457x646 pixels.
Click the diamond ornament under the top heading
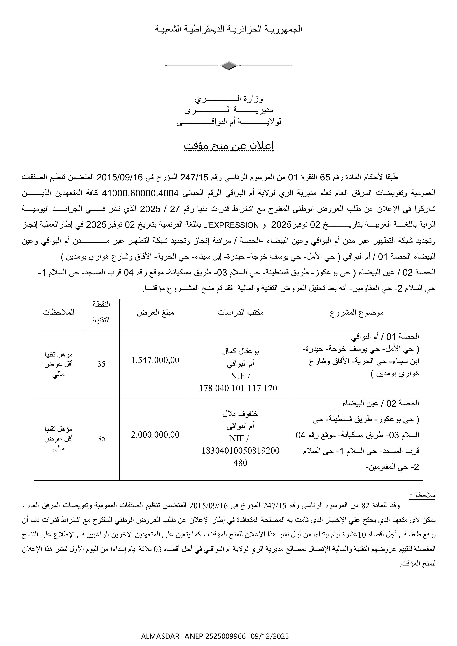[x=228, y=66]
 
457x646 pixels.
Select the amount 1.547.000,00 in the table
[x=155, y=360]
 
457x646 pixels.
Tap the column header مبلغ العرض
[x=155, y=313]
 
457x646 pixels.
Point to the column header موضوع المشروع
[x=357, y=313]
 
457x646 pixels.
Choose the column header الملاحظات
[x=59, y=312]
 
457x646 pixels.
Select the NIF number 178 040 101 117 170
[x=238, y=388]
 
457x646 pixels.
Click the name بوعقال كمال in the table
[x=241, y=351]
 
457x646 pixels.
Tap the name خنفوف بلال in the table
[x=241, y=414]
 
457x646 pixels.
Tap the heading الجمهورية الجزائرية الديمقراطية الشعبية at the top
[x=228, y=29]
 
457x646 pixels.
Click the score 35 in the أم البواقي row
[x=101, y=364]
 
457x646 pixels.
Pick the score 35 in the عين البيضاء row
[x=101, y=438]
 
